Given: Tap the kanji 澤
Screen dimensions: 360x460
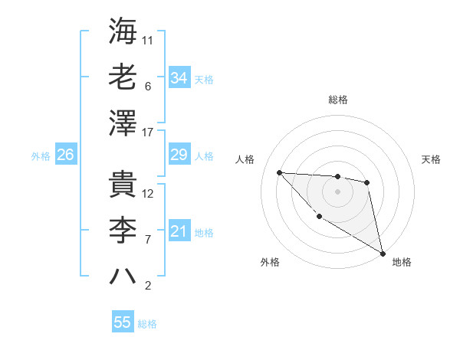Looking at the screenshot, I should click(123, 123).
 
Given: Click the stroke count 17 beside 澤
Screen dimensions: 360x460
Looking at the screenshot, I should click(149, 133).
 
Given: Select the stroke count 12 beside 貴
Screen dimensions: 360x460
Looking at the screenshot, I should click(149, 194).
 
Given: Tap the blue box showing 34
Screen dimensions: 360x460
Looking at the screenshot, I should click(179, 78).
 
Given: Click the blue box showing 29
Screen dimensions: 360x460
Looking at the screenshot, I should click(179, 155).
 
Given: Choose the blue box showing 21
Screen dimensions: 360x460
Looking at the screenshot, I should click(179, 232).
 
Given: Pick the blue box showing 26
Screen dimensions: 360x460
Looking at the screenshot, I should click(65, 155).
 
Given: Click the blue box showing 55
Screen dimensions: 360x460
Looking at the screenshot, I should click(123, 322).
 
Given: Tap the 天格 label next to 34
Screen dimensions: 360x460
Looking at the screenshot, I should click(204, 79).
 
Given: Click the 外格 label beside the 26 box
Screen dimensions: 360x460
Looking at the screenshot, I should click(41, 156).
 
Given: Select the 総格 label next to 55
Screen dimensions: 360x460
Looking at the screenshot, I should click(147, 324).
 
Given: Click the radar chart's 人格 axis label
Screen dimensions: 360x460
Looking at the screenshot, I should click(245, 159).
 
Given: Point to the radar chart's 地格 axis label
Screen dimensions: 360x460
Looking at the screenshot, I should click(402, 262).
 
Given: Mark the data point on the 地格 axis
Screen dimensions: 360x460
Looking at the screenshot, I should click(383, 254).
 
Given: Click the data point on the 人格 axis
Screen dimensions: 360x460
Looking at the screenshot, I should click(279, 172).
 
